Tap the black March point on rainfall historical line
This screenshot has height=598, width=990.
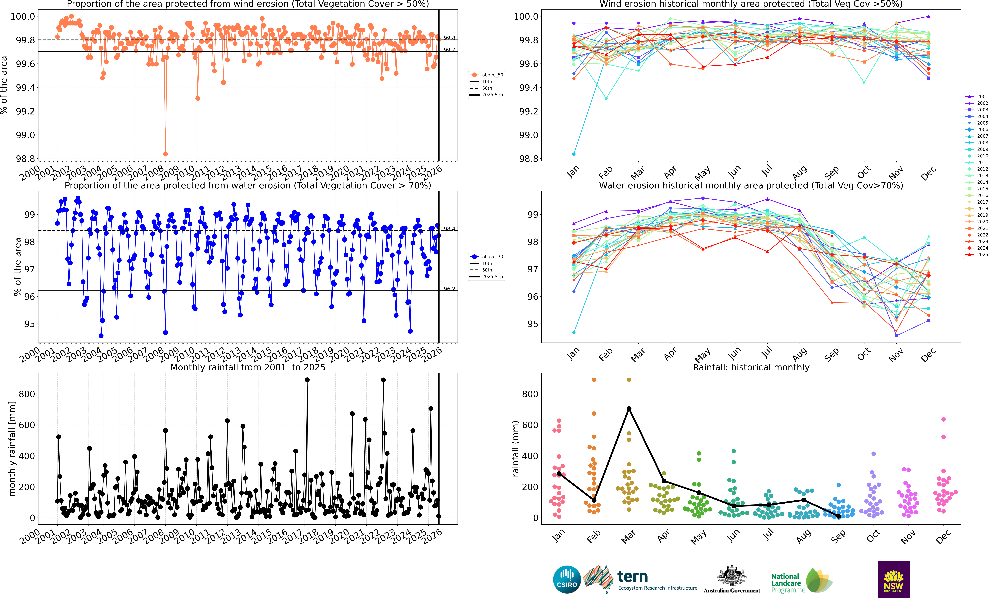(x=629, y=409)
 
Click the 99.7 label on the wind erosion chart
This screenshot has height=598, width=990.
(x=450, y=50)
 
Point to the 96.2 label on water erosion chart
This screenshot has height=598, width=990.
(x=450, y=289)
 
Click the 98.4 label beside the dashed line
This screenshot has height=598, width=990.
(x=450, y=229)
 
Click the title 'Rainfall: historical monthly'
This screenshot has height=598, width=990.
(x=751, y=367)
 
